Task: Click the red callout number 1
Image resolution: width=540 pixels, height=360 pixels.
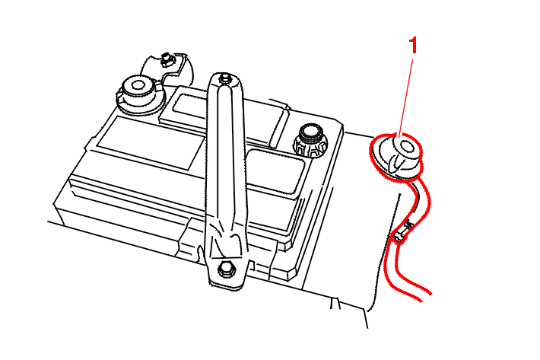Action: pos(413,46)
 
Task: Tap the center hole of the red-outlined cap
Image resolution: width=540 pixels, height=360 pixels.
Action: pos(406,147)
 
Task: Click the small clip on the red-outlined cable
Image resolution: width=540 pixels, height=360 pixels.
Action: pos(402,231)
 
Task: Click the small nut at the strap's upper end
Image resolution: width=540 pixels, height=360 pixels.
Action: pos(225,78)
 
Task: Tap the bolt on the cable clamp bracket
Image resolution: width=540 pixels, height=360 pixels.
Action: pos(167,59)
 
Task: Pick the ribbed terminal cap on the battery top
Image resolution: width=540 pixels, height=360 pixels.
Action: pos(310,141)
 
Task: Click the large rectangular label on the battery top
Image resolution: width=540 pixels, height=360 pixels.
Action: pos(151,142)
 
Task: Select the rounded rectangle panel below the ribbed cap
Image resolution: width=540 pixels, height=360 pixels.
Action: pos(275,170)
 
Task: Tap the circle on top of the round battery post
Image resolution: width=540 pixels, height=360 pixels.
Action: pos(138,84)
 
